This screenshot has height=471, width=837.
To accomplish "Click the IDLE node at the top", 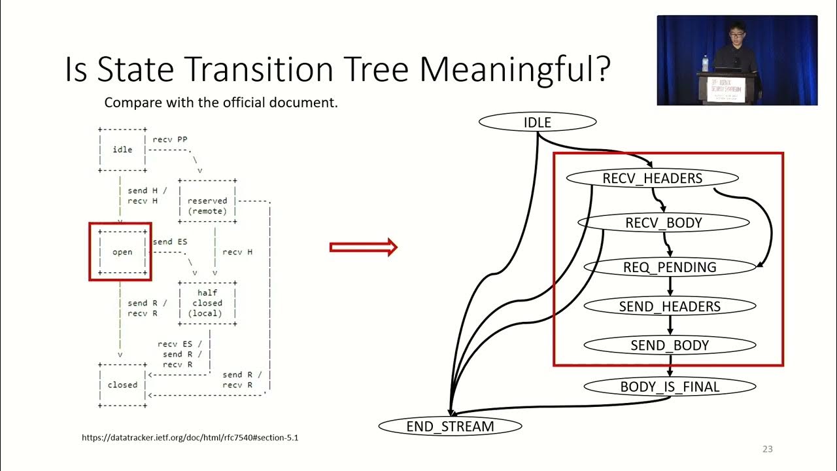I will pyautogui.click(x=538, y=122).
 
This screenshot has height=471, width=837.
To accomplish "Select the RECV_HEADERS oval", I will pyautogui.click(x=652, y=178).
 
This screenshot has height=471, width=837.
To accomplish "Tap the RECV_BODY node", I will pyautogui.click(x=663, y=222).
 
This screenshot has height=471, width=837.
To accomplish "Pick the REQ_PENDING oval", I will pyautogui.click(x=670, y=267).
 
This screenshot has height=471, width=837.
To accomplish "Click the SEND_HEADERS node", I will pyautogui.click(x=670, y=306).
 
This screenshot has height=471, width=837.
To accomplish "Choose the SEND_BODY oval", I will pyautogui.click(x=670, y=345).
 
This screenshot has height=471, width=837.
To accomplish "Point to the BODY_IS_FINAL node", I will pyautogui.click(x=670, y=387).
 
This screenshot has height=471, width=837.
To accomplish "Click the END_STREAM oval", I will pyautogui.click(x=451, y=427).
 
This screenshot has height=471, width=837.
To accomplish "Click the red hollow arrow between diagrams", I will pyautogui.click(x=364, y=247).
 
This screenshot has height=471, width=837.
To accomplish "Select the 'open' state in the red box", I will pyautogui.click(x=121, y=252).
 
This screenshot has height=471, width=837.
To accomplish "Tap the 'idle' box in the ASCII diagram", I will pyautogui.click(x=122, y=150).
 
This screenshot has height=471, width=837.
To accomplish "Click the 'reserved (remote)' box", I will pyautogui.click(x=207, y=205).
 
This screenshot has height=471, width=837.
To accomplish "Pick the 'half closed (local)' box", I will pyautogui.click(x=207, y=303).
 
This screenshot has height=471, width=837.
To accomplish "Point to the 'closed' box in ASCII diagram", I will pyautogui.click(x=122, y=385).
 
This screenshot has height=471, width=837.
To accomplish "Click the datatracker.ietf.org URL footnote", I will pyautogui.click(x=190, y=438).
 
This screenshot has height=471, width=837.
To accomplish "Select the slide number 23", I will pyautogui.click(x=767, y=449).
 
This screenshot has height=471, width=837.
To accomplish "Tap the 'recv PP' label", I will pyautogui.click(x=170, y=139).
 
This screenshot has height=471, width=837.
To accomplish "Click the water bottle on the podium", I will pyautogui.click(x=704, y=63).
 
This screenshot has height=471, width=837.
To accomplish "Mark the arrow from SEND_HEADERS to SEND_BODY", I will pyautogui.click(x=670, y=326).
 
